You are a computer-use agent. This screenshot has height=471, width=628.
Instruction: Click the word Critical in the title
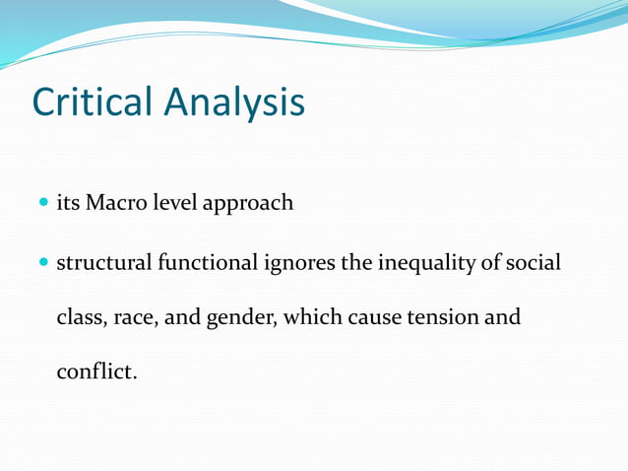[94, 102]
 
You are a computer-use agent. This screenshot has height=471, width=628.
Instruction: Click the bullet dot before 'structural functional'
[44, 264]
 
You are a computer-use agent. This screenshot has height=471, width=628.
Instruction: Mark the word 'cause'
[372, 319]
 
